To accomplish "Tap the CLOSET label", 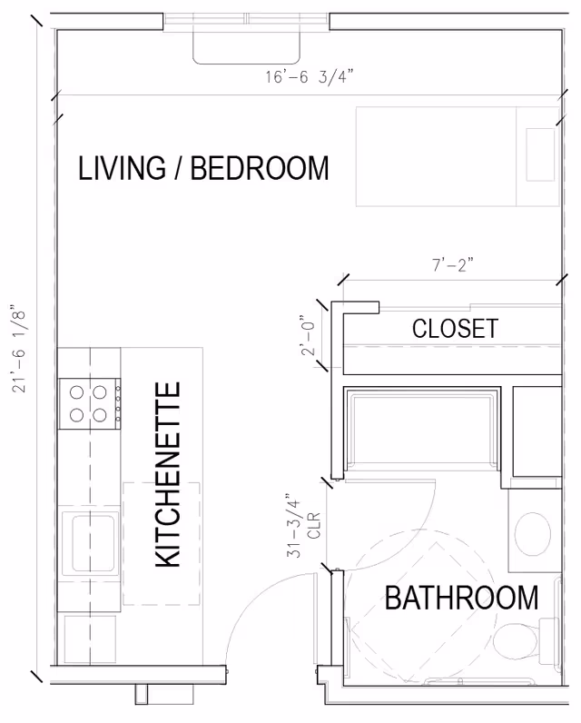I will (455, 328).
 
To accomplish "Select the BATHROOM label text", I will (461, 598).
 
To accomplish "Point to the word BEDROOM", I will (259, 169).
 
